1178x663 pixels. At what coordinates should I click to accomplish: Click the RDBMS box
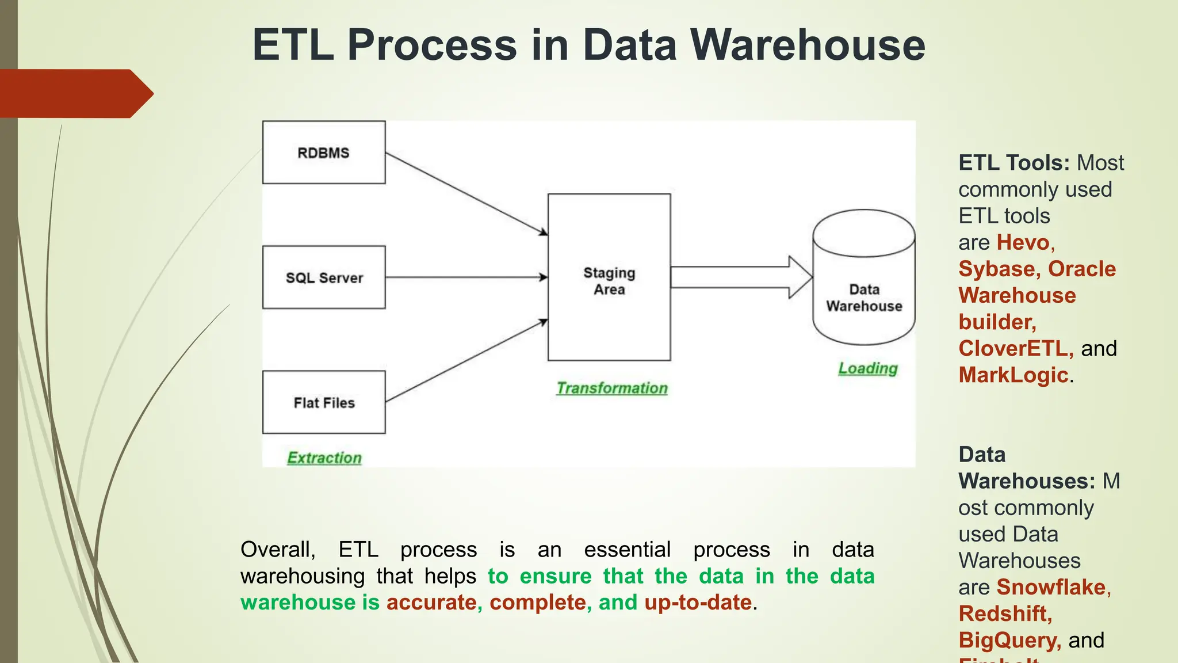pos(324,153)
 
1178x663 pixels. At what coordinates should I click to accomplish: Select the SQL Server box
pos(324,277)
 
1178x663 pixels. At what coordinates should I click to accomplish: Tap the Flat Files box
pos(324,402)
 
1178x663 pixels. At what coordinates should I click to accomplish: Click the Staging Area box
pos(609,277)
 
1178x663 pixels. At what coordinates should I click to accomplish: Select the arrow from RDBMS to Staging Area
pos(466,193)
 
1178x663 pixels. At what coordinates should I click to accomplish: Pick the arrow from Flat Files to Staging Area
pos(466,361)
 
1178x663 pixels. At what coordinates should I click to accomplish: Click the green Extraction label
pos(324,458)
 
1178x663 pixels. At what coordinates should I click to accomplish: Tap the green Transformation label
pos(612,388)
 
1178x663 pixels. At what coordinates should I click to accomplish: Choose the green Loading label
pos(868,368)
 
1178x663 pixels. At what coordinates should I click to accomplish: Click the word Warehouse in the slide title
pos(808,45)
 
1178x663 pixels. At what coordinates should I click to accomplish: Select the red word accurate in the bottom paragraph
pos(431,603)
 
